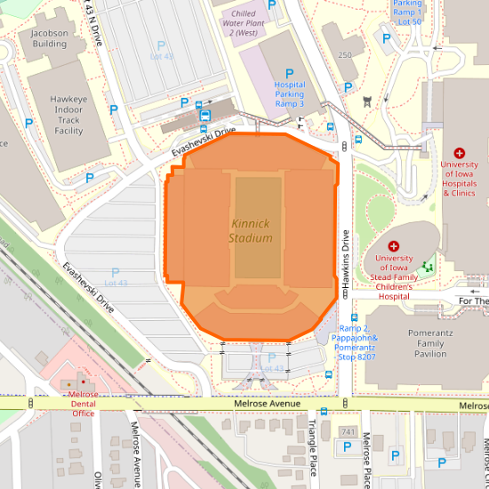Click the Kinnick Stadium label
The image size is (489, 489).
tap(250, 231)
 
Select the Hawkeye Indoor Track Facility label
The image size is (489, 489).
tap(68, 113)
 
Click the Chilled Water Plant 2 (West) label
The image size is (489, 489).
tap(243, 23)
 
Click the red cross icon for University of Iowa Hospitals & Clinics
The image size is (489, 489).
tap(460, 154)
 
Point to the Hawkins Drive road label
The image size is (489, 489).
tap(345, 258)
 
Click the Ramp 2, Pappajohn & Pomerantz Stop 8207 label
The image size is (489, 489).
tap(357, 342)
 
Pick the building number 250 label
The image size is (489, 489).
tap(345, 55)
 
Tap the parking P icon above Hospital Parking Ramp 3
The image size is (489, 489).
tap(289, 74)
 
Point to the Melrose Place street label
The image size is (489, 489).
tap(366, 453)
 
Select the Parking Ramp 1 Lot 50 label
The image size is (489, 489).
tap(406, 11)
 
